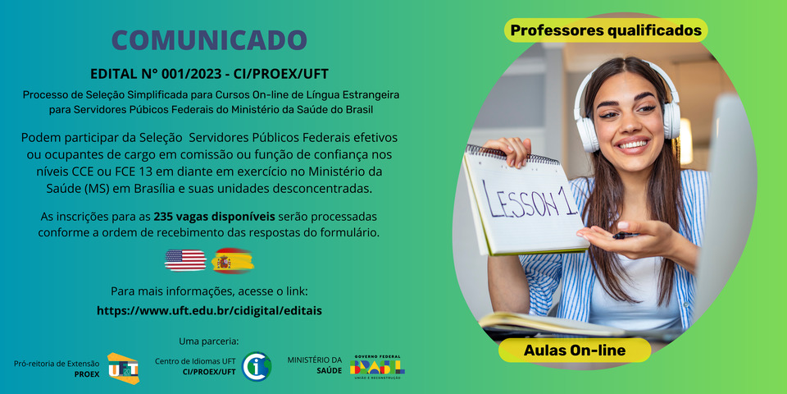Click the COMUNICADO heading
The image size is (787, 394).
209,41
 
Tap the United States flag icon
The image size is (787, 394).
185,260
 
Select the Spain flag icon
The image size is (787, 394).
232,260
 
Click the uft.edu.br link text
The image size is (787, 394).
209,311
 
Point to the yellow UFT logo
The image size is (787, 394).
123,368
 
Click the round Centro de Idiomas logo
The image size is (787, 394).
257,366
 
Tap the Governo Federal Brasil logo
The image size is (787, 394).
377,367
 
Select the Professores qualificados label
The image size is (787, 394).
606,30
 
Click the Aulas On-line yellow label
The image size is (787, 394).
575,350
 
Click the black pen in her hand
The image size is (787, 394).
625,235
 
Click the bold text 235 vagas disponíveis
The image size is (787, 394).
214,217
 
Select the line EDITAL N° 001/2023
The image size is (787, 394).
209,75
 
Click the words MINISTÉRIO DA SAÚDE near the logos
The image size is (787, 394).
315,365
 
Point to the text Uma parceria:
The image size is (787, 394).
209,341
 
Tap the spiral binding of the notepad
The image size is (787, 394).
512,155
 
